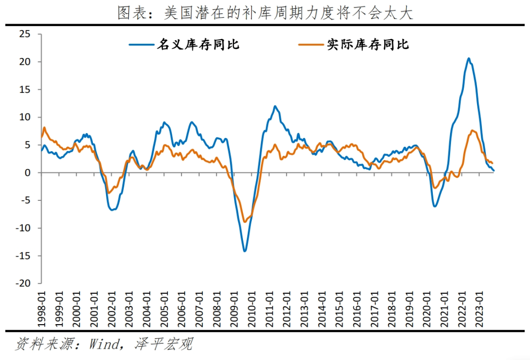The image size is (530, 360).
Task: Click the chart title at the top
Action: [x=265, y=13]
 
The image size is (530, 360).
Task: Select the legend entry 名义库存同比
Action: [x=198, y=45]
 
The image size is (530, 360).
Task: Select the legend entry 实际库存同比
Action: [x=368, y=45]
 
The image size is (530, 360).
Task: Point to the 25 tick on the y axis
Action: [x=25, y=34]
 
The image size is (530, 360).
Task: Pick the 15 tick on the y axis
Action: [x=25, y=90]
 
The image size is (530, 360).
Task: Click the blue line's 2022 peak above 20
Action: [x=469, y=58]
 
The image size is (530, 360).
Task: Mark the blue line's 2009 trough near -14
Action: [x=245, y=251]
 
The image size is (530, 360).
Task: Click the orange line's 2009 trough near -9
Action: [x=245, y=222]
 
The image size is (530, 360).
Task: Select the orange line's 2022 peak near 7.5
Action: [x=472, y=131]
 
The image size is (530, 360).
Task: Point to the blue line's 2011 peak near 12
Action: [x=275, y=106]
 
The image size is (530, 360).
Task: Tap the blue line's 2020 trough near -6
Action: [x=435, y=206]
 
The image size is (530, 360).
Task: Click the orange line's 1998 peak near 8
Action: [x=45, y=128]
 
